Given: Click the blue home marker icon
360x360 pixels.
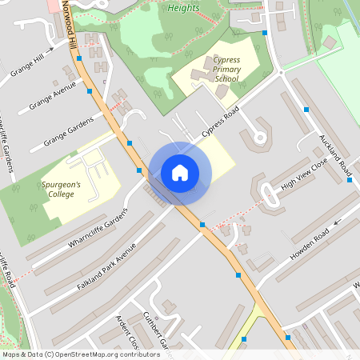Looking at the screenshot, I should (180, 172).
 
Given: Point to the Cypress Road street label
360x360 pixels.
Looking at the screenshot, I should (220, 123).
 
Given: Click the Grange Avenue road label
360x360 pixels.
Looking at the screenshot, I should (52, 95).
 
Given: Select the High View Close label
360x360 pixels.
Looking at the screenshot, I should (304, 177).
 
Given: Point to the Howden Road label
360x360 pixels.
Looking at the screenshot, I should (310, 246).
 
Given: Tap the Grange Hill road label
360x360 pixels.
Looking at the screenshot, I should (28, 62).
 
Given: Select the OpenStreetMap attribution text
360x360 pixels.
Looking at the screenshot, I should (81, 354).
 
